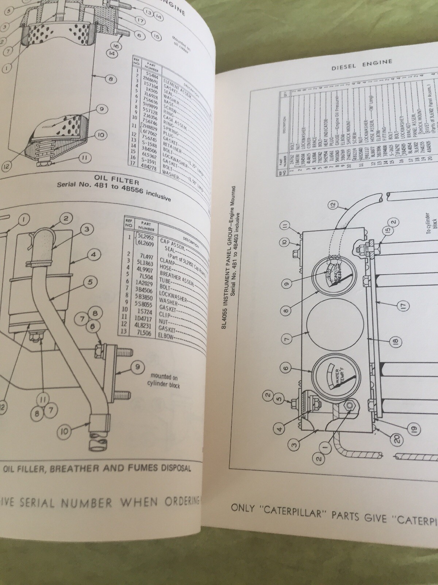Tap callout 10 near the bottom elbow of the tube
point(64,431)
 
